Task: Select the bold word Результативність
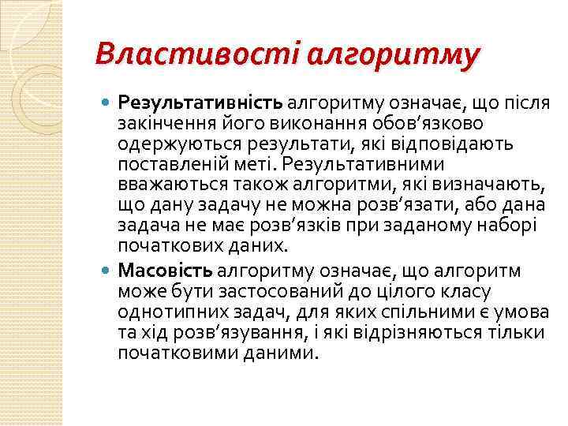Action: click(200, 103)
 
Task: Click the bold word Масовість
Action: click(165, 271)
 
